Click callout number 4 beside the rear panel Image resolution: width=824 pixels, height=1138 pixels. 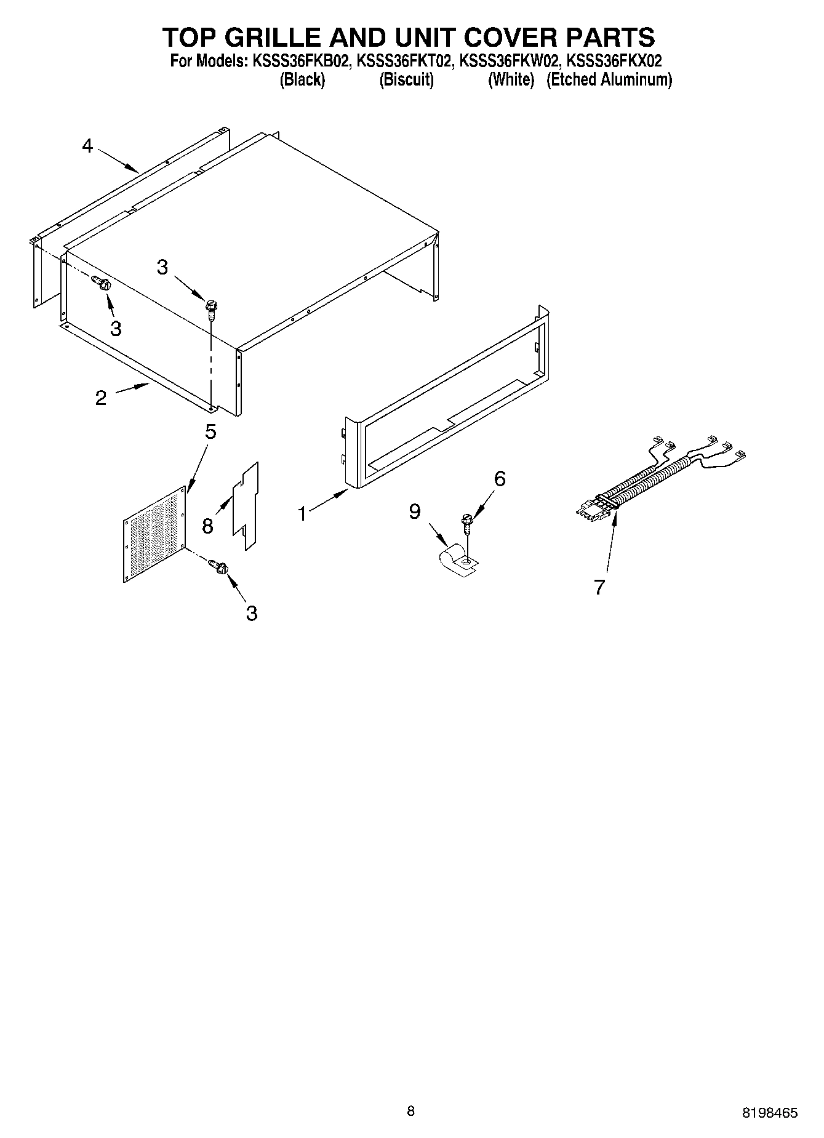tap(87, 146)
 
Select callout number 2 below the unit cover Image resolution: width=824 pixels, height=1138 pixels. tap(101, 398)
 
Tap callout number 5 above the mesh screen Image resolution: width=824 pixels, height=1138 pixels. tap(210, 432)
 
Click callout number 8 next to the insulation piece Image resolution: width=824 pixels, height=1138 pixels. tap(207, 526)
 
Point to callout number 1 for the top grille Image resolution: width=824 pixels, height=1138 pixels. tap(302, 513)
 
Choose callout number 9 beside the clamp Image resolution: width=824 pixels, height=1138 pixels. tap(415, 511)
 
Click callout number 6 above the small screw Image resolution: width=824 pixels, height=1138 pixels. tap(500, 478)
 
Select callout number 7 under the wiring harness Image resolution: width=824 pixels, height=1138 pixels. tap(600, 587)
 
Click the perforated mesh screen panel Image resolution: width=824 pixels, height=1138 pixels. tap(155, 534)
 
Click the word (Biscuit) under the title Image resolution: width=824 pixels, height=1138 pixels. tap(406, 80)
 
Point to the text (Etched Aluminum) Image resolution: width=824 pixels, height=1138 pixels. tap(609, 80)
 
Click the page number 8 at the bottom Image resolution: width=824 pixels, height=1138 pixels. tap(411, 1111)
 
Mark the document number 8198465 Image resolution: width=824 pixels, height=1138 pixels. tap(769, 1113)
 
